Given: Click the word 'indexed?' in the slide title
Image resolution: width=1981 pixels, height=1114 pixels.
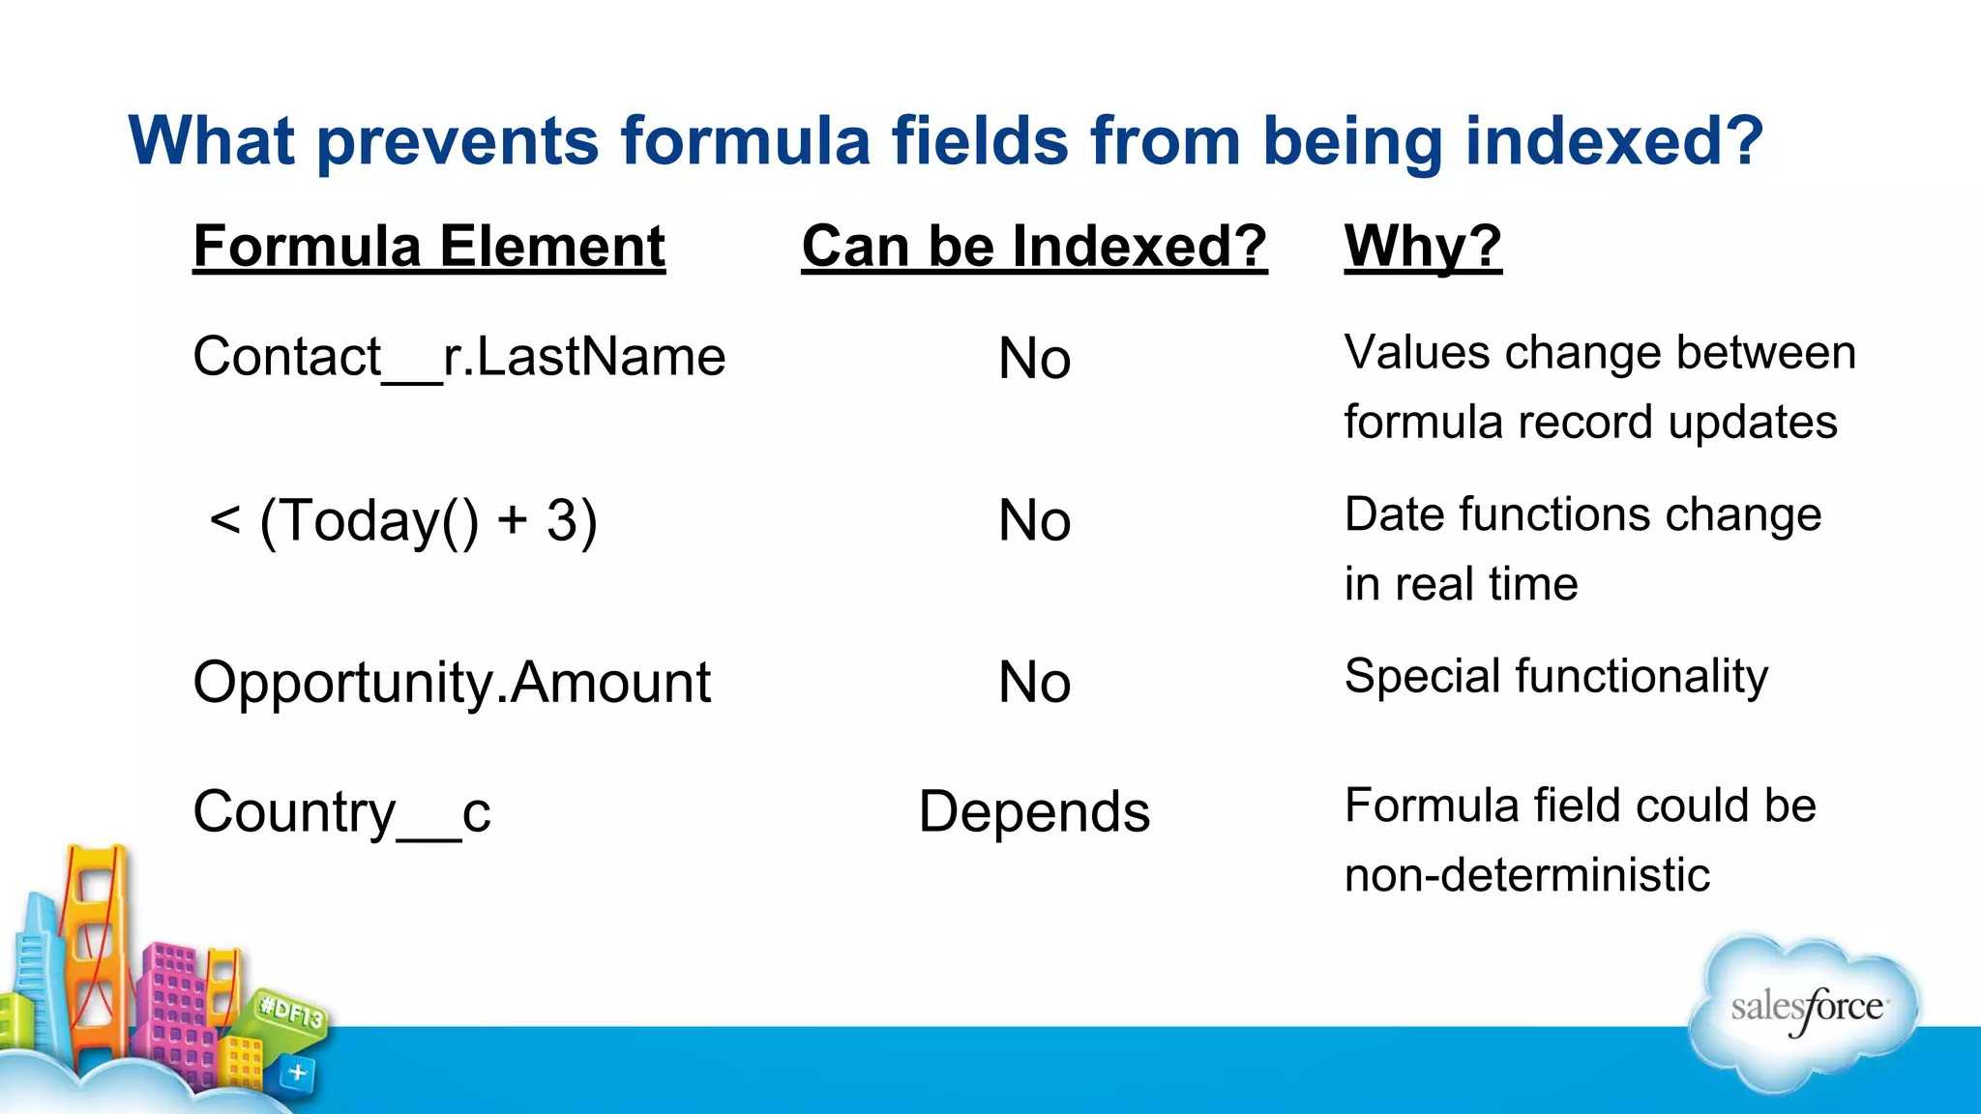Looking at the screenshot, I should (x=1613, y=141).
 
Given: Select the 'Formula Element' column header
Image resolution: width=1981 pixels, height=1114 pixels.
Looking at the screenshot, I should (x=429, y=246).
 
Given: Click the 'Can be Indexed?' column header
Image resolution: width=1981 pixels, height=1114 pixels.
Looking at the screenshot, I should (x=1034, y=246).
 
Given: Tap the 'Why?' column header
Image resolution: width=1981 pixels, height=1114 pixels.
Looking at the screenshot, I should (x=1422, y=246).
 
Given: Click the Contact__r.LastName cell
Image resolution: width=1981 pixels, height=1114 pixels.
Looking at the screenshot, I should (x=458, y=356).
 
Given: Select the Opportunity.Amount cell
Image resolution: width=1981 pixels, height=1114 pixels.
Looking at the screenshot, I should (x=452, y=682).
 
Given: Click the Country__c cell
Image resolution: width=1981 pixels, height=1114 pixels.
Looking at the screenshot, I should (x=341, y=811).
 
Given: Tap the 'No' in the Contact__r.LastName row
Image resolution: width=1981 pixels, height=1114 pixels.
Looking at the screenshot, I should (x=1034, y=358).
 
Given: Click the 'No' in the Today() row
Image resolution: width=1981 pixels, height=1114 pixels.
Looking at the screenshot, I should (x=1034, y=520).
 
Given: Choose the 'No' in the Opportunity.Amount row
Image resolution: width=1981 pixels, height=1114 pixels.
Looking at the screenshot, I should (x=1034, y=682).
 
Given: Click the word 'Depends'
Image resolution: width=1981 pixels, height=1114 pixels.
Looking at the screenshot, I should (x=1034, y=811).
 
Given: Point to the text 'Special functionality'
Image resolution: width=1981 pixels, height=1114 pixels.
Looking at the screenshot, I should (x=1555, y=676).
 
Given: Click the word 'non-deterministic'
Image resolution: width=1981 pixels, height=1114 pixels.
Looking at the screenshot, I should (x=1526, y=875).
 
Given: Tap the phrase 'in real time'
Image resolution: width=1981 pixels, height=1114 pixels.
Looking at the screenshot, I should (x=1461, y=584).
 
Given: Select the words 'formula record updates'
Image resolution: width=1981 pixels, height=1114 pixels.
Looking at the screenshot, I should (x=1589, y=423).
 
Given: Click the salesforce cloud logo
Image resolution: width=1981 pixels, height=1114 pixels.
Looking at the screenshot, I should (x=1805, y=1011).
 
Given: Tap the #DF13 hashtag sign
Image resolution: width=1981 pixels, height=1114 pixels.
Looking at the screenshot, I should (x=291, y=1012).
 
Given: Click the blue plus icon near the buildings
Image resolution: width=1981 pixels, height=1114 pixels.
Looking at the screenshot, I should (x=298, y=1072).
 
